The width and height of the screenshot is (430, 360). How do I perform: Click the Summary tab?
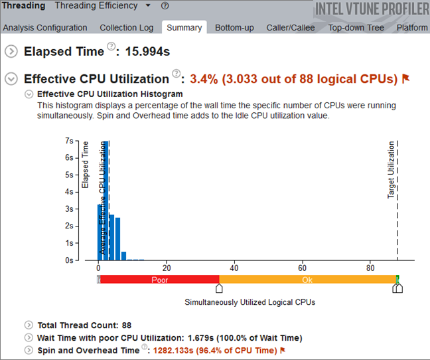pos(184,28)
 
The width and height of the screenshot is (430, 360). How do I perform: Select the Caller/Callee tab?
pos(290,28)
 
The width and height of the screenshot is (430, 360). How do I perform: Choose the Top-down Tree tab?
pos(357,28)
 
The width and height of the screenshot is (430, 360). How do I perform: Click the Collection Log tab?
pos(126,28)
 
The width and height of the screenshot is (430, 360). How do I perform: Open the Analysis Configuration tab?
pos(44,28)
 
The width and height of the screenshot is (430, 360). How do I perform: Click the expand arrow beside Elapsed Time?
pos(11,52)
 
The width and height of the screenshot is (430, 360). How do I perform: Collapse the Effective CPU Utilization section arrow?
pos(11,79)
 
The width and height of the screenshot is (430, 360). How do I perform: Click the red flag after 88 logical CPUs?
pos(405,79)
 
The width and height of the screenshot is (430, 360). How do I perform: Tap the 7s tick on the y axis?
pos(69,141)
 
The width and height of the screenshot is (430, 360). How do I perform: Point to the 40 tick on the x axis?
pos(234,268)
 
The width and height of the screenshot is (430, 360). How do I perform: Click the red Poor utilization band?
pos(160,280)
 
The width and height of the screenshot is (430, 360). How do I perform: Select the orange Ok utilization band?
pos(307,280)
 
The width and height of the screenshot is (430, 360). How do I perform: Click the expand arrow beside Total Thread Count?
pos(28,325)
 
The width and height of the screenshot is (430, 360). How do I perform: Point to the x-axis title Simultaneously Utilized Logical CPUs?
pos(250,302)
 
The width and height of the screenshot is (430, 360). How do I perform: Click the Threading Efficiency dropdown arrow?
pos(148,6)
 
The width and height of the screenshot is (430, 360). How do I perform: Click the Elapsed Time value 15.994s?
pos(157,52)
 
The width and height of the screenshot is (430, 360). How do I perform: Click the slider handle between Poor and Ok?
pos(220,288)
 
